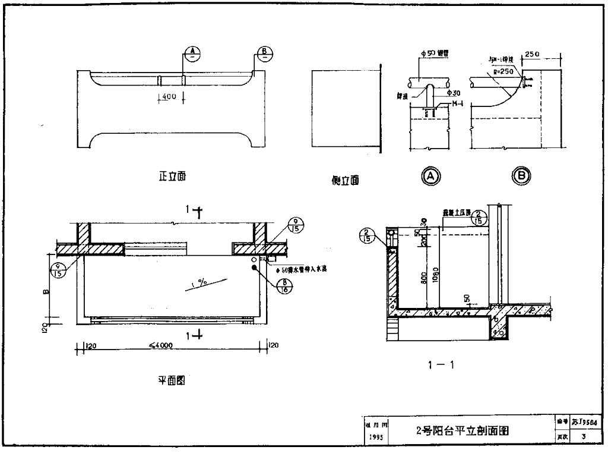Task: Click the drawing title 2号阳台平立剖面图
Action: coord(463,430)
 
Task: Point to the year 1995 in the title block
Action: coord(375,437)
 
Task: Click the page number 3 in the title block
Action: coord(584,437)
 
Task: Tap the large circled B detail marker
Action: coord(521,175)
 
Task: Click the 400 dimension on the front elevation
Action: coord(170,97)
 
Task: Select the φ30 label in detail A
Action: coord(454,93)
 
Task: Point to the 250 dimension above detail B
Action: coord(532,55)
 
